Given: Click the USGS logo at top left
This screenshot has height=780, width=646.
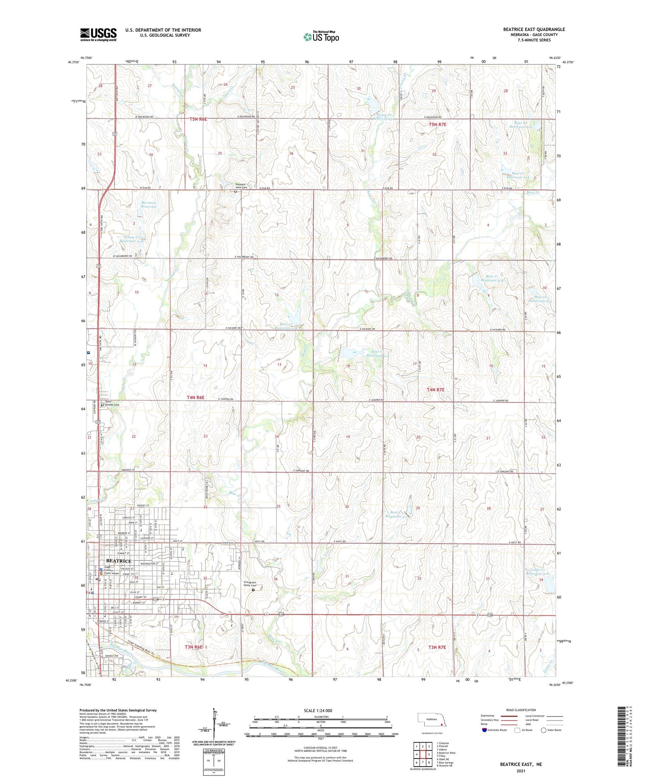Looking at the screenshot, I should click(98, 34).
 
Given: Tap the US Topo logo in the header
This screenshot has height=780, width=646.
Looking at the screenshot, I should click(321, 37).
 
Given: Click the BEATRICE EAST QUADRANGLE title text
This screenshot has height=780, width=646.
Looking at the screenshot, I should click(534, 29).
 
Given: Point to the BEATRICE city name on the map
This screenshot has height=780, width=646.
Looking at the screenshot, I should click(118, 561).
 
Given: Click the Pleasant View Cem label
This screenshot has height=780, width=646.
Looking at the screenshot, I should click(241, 186).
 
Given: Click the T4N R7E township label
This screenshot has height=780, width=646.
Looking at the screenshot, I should click(435, 390).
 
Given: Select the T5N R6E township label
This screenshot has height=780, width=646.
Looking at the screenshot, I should click(198, 119).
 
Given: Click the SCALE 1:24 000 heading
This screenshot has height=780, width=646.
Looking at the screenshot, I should click(317, 710).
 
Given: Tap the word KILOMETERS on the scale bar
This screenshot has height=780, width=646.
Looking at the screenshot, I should click(321, 717).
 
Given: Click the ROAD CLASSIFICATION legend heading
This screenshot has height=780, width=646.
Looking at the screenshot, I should click(521, 710).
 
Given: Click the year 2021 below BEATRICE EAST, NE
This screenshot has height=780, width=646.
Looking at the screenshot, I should click(520, 771).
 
